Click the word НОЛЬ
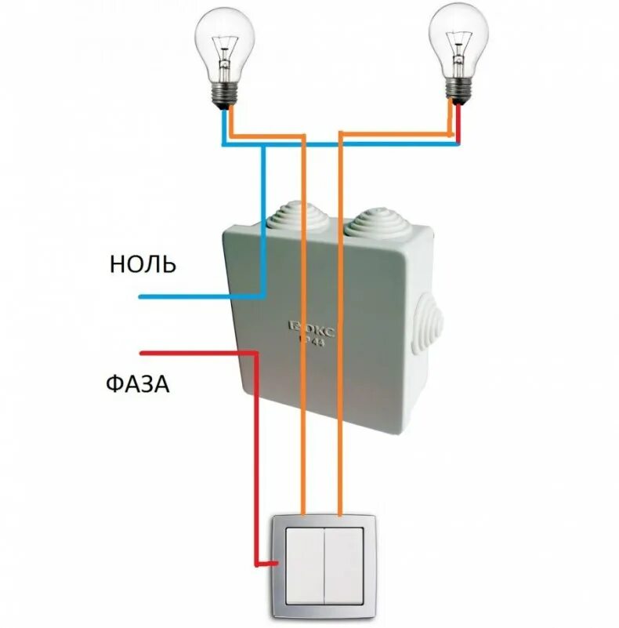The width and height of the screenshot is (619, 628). pos(143,265)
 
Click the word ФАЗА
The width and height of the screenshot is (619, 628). pos(137,384)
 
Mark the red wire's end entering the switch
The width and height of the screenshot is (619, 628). pos(270,564)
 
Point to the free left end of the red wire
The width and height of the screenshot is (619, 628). pos(141,351)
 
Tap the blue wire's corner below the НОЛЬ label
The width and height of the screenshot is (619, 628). pos(263,296)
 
